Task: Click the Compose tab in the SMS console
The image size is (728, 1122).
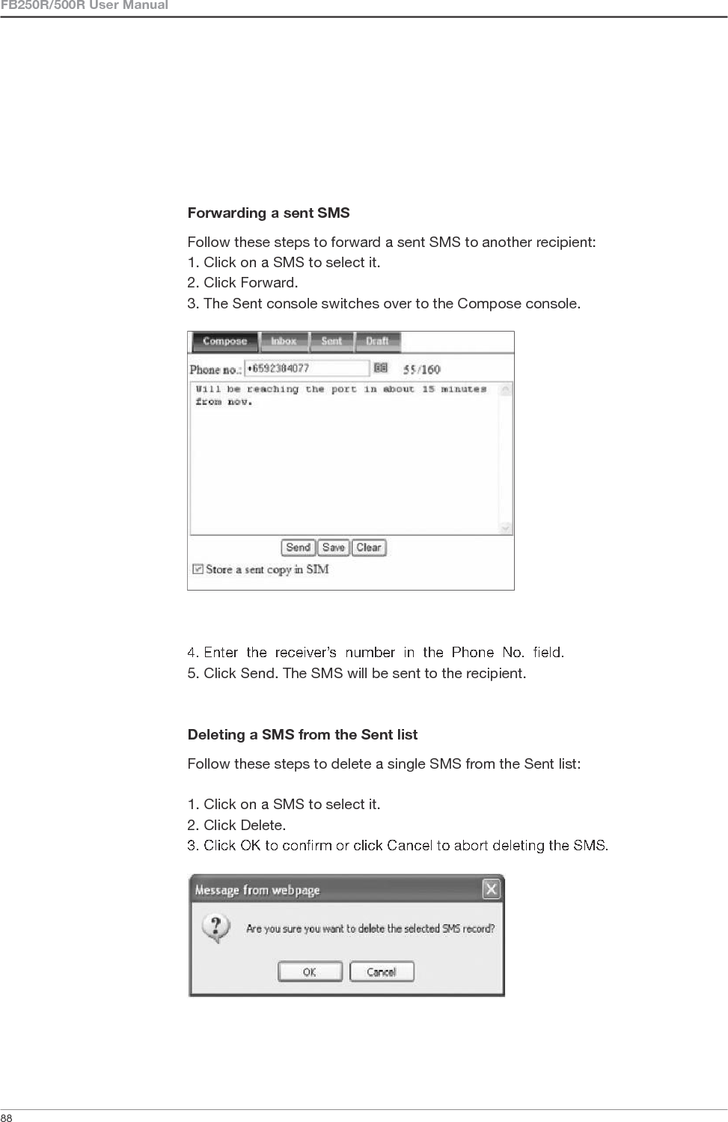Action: tap(224, 341)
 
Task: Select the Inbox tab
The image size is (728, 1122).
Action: tap(284, 341)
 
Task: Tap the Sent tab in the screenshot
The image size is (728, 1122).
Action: tap(331, 341)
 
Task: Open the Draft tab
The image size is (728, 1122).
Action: tap(377, 341)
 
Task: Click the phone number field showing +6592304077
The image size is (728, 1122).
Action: tap(307, 368)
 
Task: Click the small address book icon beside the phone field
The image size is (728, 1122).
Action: tap(381, 368)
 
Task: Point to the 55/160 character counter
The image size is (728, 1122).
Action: tap(422, 369)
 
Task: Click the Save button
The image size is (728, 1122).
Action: tap(334, 547)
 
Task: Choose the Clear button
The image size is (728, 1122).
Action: tap(369, 547)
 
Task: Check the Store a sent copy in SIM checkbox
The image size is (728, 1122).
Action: tap(198, 569)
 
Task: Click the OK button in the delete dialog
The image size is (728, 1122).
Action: tap(310, 972)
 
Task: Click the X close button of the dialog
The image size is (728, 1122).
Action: tap(491, 889)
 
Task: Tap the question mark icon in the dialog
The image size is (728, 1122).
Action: tap(216, 928)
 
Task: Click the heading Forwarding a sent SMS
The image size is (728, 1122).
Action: tap(269, 213)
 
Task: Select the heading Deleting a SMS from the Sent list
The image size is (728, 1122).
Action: tap(302, 735)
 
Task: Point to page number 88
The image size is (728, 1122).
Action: tap(6, 1118)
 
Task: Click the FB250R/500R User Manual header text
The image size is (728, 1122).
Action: tap(84, 6)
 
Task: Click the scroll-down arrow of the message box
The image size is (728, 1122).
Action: tap(507, 528)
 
